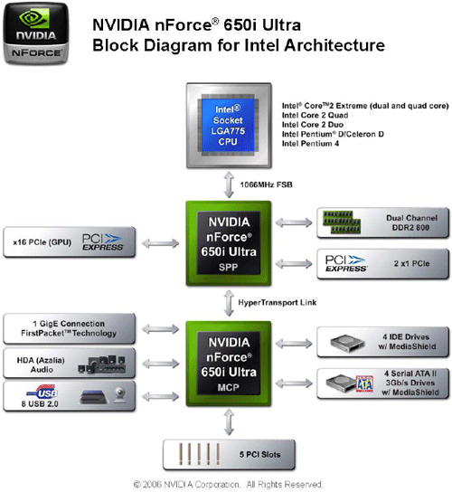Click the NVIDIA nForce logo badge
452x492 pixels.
click(36, 33)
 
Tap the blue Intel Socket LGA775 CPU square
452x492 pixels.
click(228, 126)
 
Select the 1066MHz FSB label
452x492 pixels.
click(267, 184)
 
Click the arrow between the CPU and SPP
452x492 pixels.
click(229, 184)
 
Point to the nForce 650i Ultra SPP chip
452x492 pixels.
click(229, 243)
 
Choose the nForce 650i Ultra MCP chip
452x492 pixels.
click(229, 364)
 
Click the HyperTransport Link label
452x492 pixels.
click(278, 303)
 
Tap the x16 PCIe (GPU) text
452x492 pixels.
click(42, 242)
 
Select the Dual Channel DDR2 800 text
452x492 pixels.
click(411, 222)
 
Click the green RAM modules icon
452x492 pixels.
click(342, 222)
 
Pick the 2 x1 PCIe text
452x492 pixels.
click(412, 263)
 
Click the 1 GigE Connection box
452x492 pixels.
click(70, 328)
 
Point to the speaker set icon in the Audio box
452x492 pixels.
click(102, 364)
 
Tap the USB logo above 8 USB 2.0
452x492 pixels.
click(42, 392)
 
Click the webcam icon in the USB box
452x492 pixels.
click(120, 395)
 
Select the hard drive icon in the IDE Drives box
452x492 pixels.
click(347, 343)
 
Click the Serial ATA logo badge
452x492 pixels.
click(364, 384)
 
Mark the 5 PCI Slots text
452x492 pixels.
click(260, 454)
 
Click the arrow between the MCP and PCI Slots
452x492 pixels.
click(229, 422)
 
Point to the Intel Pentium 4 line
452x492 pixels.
click(310, 144)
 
